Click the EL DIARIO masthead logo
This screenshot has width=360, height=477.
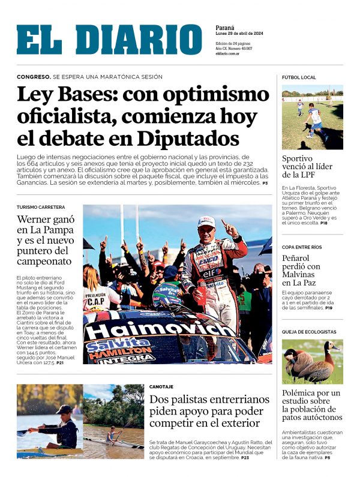[109, 40]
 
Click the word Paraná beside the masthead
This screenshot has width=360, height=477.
[225, 28]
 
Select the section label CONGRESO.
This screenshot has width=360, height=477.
[33, 77]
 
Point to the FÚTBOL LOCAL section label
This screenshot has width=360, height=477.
[299, 77]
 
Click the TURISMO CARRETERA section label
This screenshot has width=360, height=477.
[41, 207]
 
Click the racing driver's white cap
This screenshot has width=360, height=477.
[206, 221]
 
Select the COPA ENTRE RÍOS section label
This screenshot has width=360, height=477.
[302, 247]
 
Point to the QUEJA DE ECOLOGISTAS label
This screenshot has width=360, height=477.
[309, 332]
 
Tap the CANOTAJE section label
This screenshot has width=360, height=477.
[161, 387]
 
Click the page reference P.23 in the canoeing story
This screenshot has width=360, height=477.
[245, 458]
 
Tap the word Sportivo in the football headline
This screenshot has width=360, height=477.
[298, 158]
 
